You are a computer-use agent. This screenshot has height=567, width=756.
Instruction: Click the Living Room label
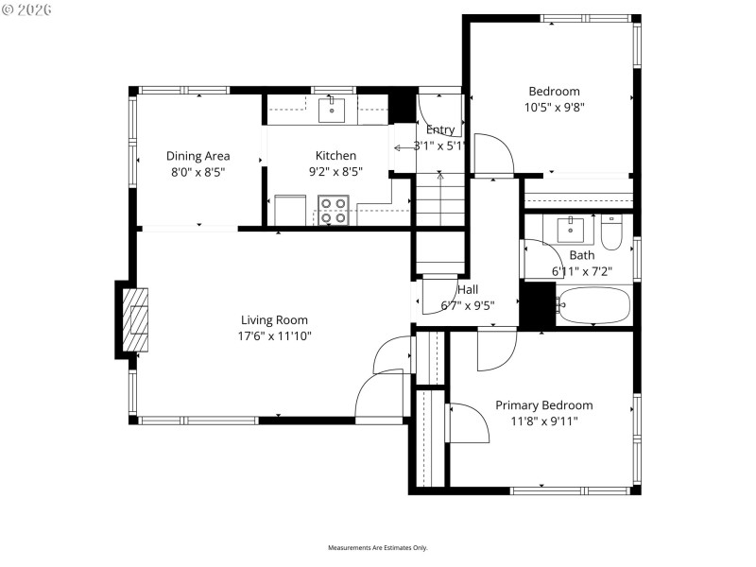pos(274,320)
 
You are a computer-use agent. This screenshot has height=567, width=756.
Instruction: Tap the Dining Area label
pos(198,156)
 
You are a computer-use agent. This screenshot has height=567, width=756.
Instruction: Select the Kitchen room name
pos(335,156)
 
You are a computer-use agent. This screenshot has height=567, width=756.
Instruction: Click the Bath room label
pos(582,255)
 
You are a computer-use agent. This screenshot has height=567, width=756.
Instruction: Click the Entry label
pos(440,129)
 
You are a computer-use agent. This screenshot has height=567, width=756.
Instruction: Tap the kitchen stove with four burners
pos(333,210)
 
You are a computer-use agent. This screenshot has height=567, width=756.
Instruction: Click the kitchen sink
pos(332,111)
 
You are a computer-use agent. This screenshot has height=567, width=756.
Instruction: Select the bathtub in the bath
pos(593,305)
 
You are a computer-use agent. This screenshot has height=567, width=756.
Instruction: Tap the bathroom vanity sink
pos(571,229)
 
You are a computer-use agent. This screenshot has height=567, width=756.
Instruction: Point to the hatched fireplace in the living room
pos(139,319)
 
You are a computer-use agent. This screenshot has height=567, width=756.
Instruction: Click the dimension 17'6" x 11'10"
pos(274,335)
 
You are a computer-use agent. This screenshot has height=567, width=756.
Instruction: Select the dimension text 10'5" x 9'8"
pos(554,107)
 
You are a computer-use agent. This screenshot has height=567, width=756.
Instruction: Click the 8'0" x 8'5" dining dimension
pos(198,172)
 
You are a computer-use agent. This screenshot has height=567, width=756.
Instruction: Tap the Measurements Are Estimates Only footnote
pos(378,548)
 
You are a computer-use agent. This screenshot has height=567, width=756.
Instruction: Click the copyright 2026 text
pos(27,9)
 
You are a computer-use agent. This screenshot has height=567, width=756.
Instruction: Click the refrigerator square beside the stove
pos(290,210)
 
